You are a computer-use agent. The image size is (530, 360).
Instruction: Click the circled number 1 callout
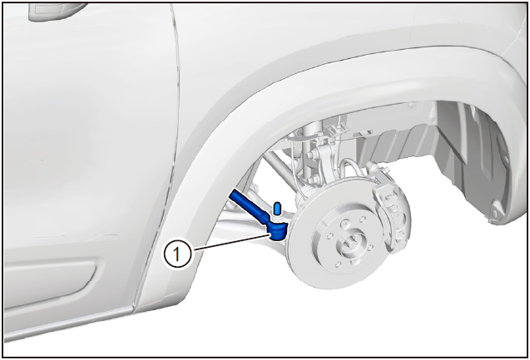click(x=177, y=254)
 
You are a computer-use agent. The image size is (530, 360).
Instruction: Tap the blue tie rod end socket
click(x=278, y=231)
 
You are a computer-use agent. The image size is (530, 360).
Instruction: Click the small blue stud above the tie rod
click(x=277, y=209)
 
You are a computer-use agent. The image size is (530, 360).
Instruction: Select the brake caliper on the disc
click(x=391, y=210)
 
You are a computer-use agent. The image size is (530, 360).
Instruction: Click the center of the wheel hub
click(x=350, y=244)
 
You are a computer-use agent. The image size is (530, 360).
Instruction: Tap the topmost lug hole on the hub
click(x=344, y=223)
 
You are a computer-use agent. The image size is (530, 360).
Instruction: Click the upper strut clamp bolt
click(x=309, y=155)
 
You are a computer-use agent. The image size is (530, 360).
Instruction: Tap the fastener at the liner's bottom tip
click(x=494, y=214)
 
